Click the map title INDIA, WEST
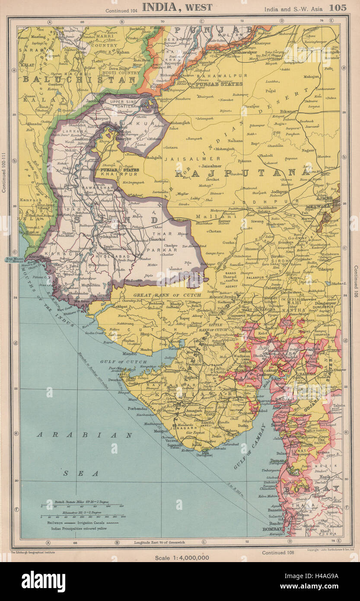[x=177, y=7]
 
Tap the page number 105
[x=338, y=7]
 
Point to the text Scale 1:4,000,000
[x=182, y=557]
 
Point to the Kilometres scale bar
[x=82, y=516]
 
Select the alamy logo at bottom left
[x=43, y=582]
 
